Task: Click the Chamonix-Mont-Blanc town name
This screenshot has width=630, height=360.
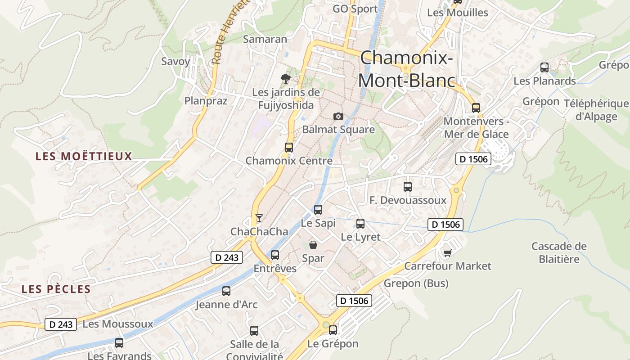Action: click(x=407, y=69)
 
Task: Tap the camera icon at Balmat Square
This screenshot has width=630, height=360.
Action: click(x=338, y=116)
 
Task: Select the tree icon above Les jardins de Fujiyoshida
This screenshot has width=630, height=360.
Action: click(x=285, y=79)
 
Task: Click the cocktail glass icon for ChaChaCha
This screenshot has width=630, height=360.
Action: click(x=259, y=218)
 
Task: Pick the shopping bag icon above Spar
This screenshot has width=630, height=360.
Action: click(x=313, y=245)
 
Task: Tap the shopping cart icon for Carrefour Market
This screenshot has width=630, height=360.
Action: click(x=447, y=253)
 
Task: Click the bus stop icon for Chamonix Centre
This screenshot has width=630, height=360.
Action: click(x=289, y=147)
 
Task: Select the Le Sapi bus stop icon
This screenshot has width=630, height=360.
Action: click(x=318, y=209)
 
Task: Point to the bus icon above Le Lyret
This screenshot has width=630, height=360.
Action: click(x=360, y=223)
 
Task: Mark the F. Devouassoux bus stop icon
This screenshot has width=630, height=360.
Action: click(x=408, y=186)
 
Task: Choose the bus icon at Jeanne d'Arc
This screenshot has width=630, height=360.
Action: click(x=226, y=291)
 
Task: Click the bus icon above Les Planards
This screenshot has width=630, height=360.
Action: click(x=544, y=67)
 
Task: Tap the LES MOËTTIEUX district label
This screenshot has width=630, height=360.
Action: click(x=84, y=157)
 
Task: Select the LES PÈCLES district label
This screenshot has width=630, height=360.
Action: click(x=56, y=289)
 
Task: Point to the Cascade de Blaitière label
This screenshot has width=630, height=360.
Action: click(x=559, y=252)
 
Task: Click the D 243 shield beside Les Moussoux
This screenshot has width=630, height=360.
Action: click(x=61, y=324)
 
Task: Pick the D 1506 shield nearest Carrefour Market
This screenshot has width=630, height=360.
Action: click(x=445, y=225)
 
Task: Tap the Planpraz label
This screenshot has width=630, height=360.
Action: click(x=206, y=100)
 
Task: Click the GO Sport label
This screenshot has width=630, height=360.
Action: click(x=355, y=9)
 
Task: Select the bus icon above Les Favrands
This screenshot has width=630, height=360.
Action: click(x=119, y=342)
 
